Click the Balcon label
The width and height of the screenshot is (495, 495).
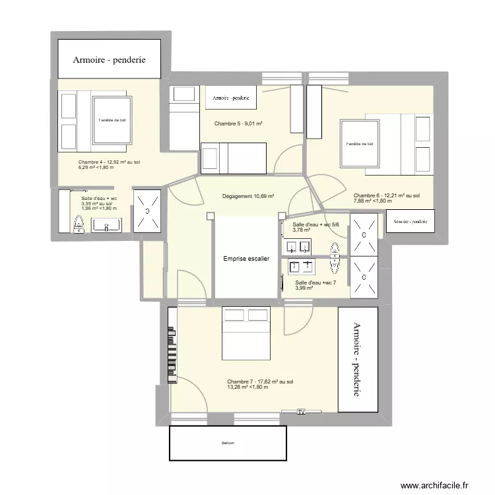tap(228, 443)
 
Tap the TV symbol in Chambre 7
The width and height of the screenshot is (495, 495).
tap(302, 412)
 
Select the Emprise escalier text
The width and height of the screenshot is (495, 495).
tap(246, 259)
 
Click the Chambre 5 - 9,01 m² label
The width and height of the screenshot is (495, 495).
tap(238, 123)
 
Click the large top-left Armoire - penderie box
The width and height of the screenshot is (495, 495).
tap(109, 59)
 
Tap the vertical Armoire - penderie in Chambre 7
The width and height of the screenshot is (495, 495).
tap(357, 360)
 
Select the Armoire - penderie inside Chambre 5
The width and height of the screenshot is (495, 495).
tap(230, 98)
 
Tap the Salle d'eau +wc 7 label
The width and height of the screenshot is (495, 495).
tap(315, 285)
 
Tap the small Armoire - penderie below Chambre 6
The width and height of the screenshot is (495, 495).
tap(410, 222)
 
